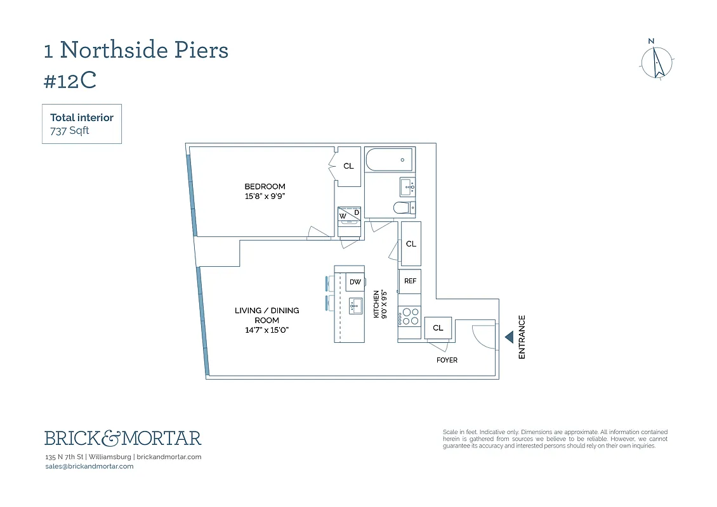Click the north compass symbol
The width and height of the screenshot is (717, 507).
point(656,62)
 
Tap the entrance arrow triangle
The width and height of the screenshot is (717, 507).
point(509,338)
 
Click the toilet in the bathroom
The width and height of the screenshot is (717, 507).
point(404,207)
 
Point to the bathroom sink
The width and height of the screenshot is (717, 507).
point(407,186)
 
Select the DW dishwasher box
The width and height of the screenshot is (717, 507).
point(355,282)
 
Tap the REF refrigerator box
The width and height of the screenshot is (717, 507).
point(410,281)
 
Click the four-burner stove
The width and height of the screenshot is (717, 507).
point(410,316)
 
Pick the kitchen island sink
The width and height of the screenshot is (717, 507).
point(355,305)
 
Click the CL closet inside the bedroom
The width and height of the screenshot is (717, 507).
point(348,166)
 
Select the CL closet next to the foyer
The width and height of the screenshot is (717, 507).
point(438,328)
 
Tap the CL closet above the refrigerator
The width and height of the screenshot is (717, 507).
point(411,243)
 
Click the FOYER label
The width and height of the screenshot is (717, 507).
point(447,360)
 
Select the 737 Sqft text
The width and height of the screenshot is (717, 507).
point(70,131)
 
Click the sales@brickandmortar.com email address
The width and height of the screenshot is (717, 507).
point(89,466)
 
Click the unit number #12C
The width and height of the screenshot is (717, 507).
point(70,80)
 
